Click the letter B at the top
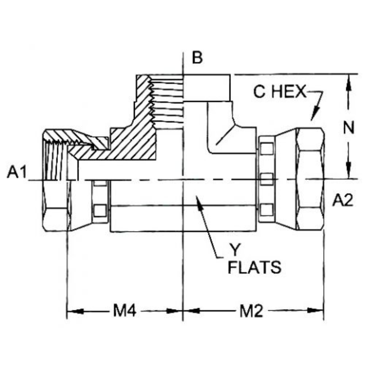coord(197,57)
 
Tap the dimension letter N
coord(348,128)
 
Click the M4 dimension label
coord(124,311)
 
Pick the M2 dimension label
coord(251,311)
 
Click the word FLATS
coord(254,268)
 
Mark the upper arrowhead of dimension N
coord(348,81)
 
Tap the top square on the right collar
coord(267,148)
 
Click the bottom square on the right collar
coord(267,210)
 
